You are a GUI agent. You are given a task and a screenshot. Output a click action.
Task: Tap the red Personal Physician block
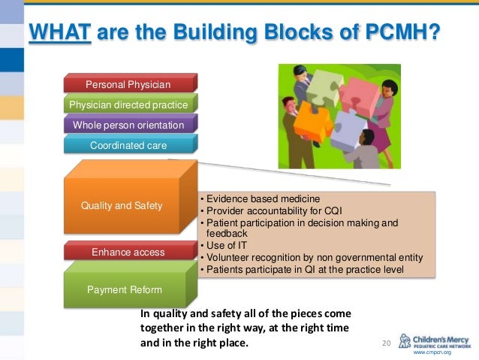click(128, 84)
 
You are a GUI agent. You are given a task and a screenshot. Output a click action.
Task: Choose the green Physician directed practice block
click(128, 104)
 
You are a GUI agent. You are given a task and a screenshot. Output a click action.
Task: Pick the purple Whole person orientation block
click(128, 125)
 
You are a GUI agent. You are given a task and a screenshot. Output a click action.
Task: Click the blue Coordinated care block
click(128, 145)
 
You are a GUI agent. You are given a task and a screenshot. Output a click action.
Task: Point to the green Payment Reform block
click(124, 289)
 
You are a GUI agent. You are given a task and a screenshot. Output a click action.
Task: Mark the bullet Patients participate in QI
click(308, 269)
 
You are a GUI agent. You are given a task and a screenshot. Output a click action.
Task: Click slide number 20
click(387, 343)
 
